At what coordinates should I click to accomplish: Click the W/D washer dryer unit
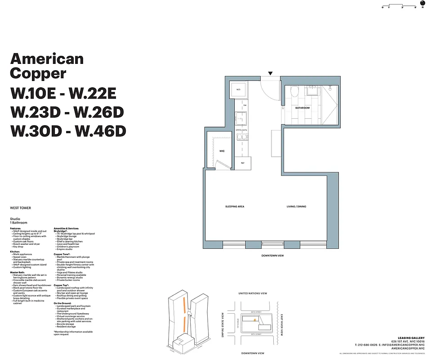[238, 90]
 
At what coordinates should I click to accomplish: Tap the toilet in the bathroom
[294, 92]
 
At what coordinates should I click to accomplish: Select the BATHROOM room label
[302, 108]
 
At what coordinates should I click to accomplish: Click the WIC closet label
[222, 151]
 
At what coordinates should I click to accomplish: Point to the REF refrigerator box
[243, 163]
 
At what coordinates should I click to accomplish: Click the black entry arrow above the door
[270, 73]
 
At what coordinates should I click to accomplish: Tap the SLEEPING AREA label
[235, 207]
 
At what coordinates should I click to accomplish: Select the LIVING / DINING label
[297, 207]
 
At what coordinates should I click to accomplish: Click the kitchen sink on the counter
[239, 119]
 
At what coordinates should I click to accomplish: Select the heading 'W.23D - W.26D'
[67, 112]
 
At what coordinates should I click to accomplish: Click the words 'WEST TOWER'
[20, 208]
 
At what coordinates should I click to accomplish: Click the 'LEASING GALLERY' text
[411, 338]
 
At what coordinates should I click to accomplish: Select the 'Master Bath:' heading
[19, 272]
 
